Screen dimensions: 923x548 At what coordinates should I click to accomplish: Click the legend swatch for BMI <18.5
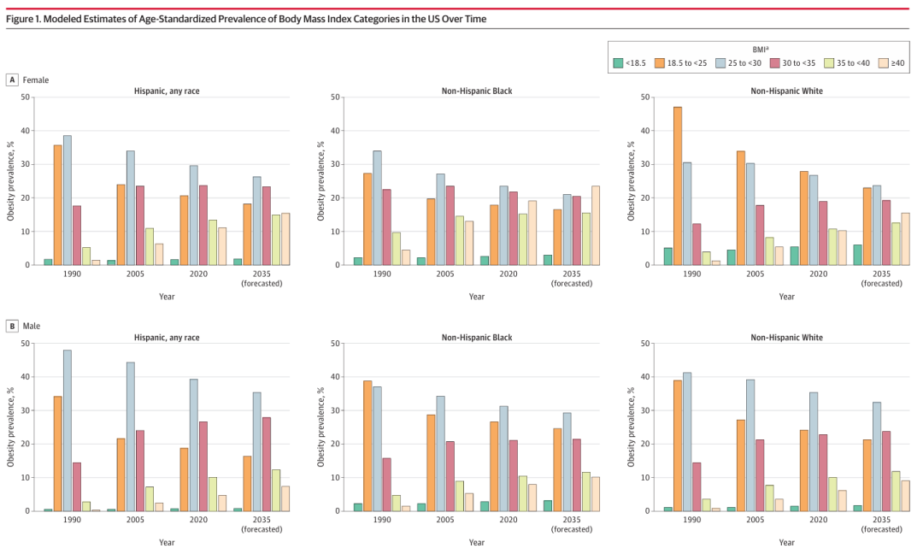tap(618, 63)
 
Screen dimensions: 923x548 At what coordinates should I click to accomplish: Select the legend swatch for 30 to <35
tap(774, 63)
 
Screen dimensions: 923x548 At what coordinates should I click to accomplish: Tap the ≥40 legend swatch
tap(883, 63)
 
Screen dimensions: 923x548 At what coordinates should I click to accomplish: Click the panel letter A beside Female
tap(12, 80)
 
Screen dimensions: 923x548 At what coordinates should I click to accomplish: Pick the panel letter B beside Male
tap(12, 326)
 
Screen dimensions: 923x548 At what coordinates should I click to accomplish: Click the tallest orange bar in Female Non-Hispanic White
tap(678, 186)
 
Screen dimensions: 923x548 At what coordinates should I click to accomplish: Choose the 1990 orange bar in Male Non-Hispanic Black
tap(367, 445)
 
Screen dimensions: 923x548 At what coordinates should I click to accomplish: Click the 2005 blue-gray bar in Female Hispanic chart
tap(131, 208)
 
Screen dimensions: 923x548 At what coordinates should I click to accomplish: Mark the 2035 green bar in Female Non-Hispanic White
tap(858, 255)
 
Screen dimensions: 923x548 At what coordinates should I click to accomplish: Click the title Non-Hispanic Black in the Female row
tap(477, 91)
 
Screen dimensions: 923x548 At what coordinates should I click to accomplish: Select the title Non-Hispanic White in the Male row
tap(786, 338)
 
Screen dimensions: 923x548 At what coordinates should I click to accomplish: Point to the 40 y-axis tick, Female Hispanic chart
tap(25, 131)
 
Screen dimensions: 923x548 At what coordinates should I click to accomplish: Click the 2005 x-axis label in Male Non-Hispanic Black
tap(445, 520)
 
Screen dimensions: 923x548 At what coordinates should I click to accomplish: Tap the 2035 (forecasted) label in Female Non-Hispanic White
tap(881, 279)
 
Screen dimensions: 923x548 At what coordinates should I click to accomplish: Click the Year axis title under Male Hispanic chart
tap(167, 542)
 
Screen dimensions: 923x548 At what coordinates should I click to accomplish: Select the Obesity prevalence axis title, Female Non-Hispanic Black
tap(320, 180)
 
